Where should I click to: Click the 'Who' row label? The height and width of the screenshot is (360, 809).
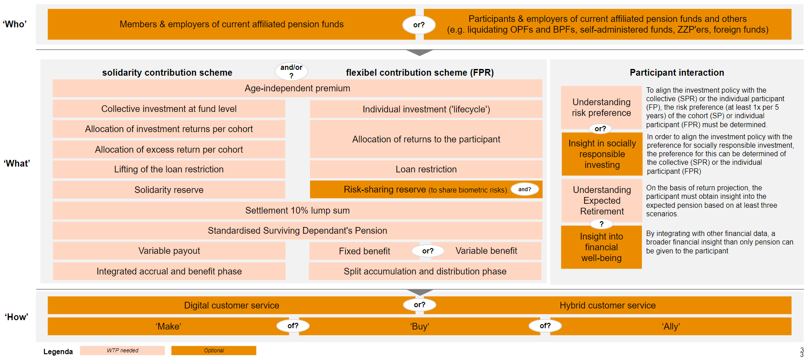click(x=15, y=24)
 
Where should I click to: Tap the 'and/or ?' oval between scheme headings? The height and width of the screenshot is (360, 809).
click(x=291, y=71)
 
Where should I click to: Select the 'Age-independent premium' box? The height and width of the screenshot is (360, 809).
click(x=297, y=88)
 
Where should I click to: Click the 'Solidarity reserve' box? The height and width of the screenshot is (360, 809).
click(x=169, y=190)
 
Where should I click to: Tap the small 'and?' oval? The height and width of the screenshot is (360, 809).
click(x=525, y=189)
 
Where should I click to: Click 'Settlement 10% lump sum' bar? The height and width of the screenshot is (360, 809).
click(x=297, y=210)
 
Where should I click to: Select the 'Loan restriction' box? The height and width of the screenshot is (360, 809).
click(x=426, y=169)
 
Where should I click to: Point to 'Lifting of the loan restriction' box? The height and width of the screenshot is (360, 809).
click(x=169, y=169)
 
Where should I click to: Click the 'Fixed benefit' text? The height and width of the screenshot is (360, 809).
click(x=364, y=251)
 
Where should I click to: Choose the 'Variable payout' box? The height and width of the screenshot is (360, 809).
click(x=169, y=251)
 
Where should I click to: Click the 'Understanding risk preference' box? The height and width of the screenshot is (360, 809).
click(x=601, y=107)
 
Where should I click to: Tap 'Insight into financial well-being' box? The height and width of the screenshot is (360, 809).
click(x=601, y=247)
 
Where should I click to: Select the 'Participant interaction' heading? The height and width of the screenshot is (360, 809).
click(x=676, y=73)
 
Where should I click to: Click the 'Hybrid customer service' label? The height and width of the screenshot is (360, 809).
click(x=607, y=305)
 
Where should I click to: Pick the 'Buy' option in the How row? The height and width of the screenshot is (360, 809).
click(x=419, y=326)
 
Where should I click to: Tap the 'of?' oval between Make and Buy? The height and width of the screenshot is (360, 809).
click(x=293, y=326)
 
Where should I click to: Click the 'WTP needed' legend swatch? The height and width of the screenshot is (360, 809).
click(x=122, y=351)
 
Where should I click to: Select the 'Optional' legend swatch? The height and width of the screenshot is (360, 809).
click(x=214, y=351)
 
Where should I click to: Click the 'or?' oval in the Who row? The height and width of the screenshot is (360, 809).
click(x=419, y=25)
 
